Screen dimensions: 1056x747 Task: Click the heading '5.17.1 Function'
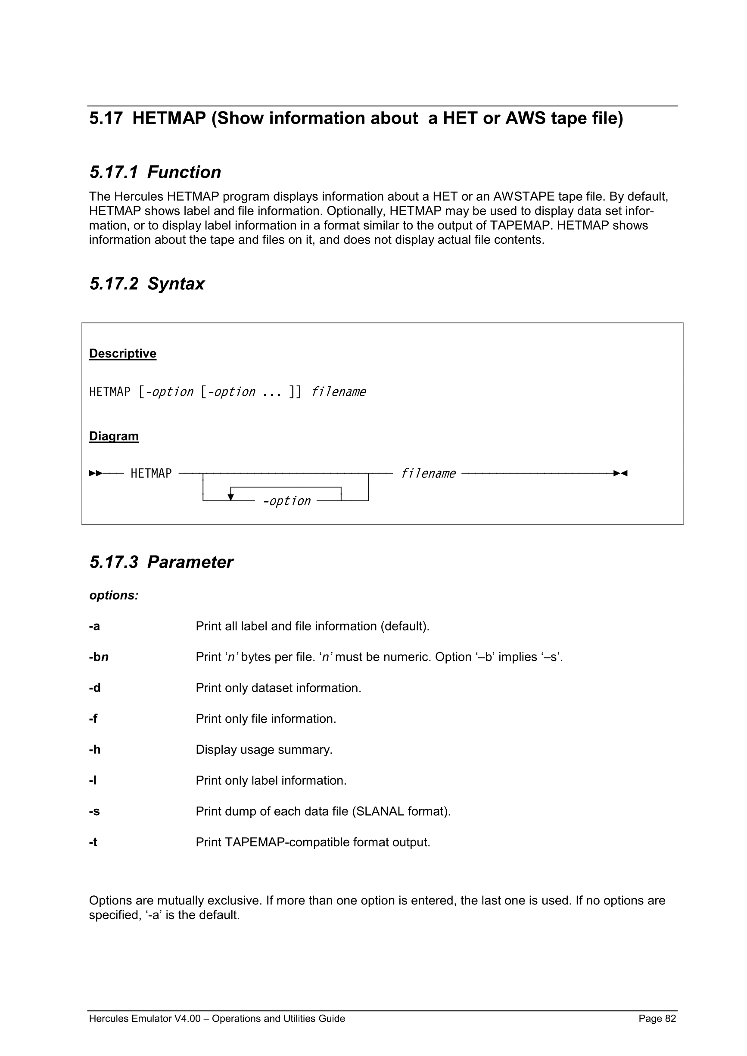point(155,172)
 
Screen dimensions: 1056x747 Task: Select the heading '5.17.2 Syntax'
point(147,284)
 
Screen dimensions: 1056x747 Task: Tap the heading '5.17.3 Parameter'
point(161,562)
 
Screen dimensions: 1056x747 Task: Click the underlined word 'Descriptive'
point(122,353)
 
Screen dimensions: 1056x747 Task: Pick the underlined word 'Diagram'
point(114,436)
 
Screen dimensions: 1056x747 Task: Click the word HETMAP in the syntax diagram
point(151,473)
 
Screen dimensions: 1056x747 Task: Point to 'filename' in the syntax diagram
point(428,473)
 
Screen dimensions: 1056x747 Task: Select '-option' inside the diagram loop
point(286,501)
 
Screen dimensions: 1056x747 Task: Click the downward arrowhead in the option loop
point(231,497)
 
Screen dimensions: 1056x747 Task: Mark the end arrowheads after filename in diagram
point(620,473)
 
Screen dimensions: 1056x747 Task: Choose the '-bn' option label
point(98,657)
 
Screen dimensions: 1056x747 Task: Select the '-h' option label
point(94,750)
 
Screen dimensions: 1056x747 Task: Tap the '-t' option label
point(93,842)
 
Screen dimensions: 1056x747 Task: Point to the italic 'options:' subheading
point(114,595)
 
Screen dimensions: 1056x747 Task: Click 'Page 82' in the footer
point(657,1018)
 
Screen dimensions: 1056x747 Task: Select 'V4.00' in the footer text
point(187,1018)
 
